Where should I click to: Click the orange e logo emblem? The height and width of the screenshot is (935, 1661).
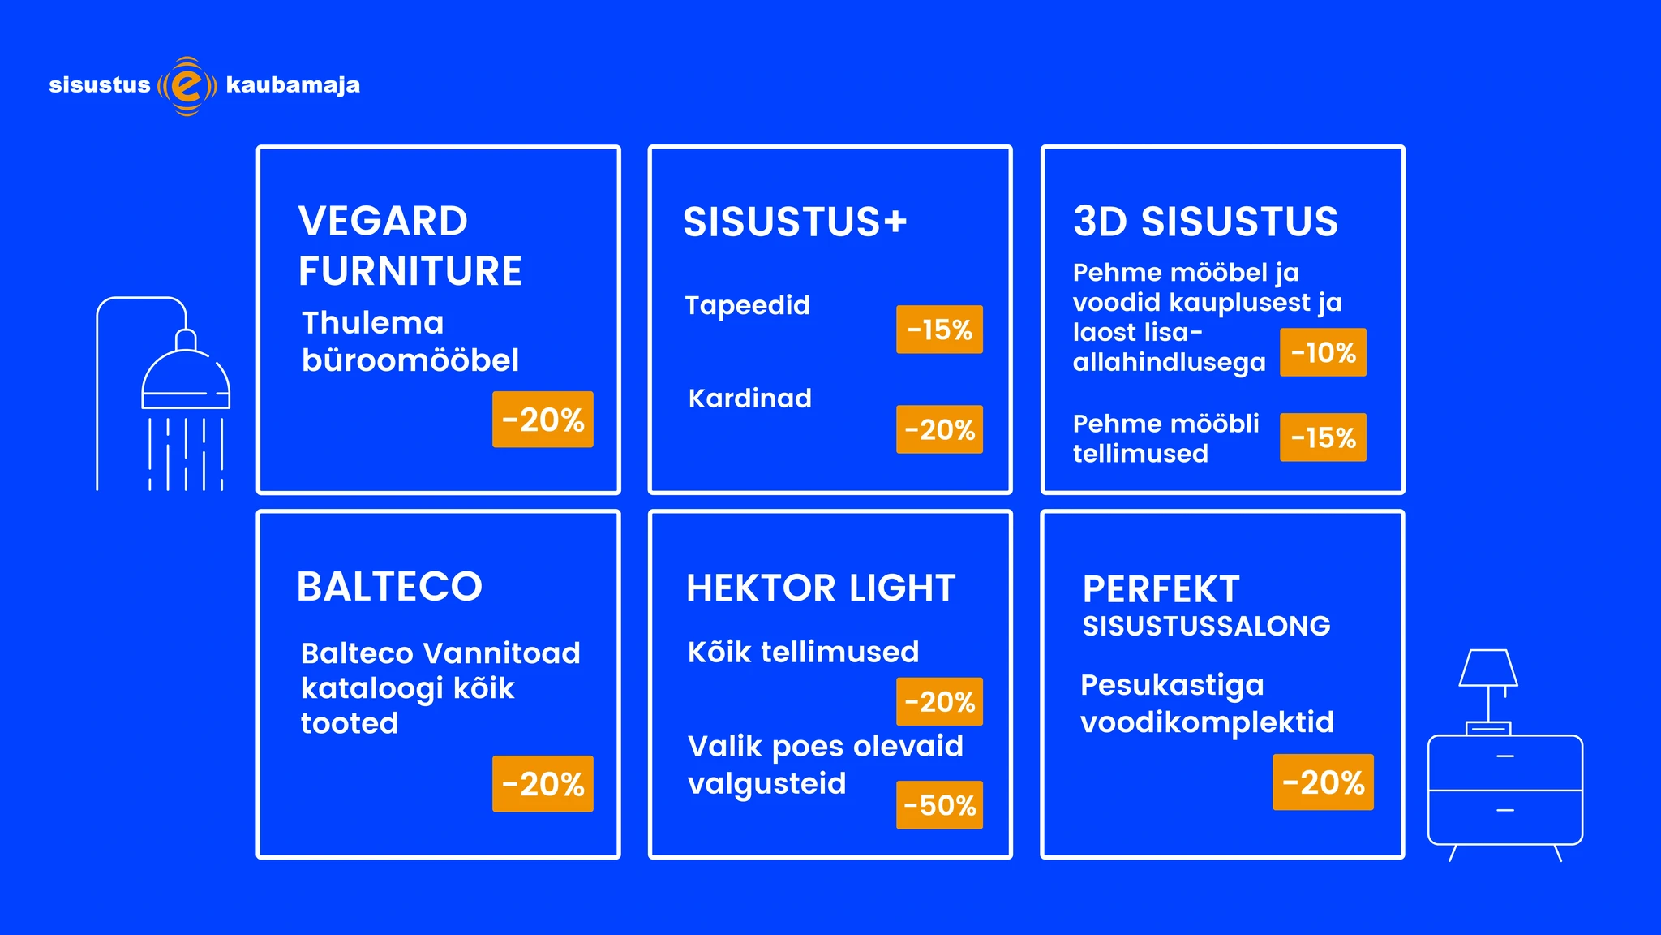187,86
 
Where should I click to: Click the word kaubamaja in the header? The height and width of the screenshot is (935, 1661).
293,86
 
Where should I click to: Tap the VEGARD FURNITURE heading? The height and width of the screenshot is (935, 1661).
410,246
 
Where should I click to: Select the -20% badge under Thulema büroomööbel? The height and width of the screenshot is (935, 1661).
543,420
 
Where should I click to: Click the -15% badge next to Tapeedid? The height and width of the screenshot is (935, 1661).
939,330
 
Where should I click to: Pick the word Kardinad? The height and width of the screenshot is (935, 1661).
750,398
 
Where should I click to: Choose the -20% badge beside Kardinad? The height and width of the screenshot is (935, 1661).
939,429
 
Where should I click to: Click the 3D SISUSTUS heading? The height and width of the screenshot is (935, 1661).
1205,222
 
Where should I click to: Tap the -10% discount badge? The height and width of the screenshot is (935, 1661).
1323,352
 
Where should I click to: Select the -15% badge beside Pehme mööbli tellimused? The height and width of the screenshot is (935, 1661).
1323,437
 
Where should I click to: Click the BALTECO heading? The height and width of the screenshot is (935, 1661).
389,586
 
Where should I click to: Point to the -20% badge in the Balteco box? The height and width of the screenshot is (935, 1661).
543,784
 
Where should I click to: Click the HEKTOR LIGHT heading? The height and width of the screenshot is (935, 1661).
821,588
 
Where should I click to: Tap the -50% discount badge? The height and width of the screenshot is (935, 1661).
939,805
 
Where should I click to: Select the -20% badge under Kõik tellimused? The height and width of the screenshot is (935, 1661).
939,701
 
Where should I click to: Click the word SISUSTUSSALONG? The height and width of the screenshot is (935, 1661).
1206,626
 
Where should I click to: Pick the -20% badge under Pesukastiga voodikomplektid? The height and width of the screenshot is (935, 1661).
1323,782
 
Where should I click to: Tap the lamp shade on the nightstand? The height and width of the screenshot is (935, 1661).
1488,668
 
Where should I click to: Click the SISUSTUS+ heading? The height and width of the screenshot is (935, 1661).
795,222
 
